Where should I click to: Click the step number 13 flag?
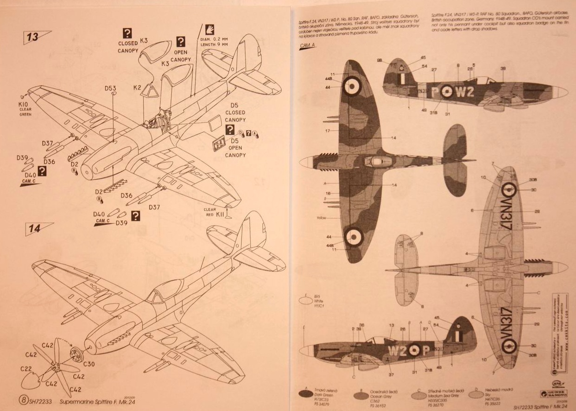pos(35,37)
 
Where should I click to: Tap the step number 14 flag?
pos(37,228)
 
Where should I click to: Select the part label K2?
pos(137,87)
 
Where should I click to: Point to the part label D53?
pos(110,88)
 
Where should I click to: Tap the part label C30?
pos(89,364)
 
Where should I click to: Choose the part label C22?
pos(25,369)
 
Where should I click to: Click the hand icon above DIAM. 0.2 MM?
pos(209,30)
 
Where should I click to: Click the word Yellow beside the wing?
pos(321,218)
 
